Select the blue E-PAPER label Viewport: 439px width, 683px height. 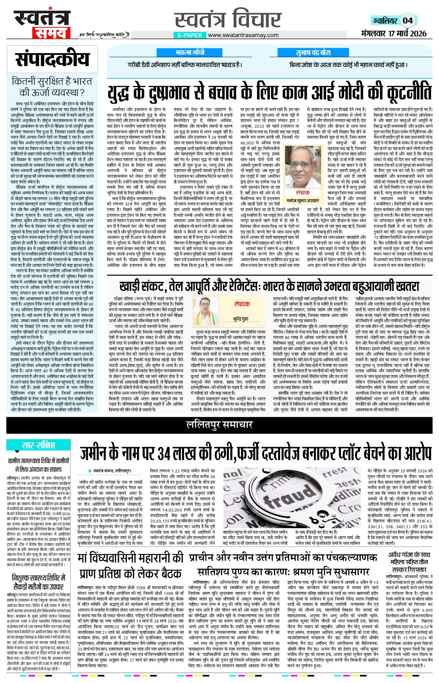point(190,35)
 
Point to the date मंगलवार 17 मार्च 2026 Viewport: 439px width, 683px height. point(393,33)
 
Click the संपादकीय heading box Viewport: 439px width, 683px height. point(52,59)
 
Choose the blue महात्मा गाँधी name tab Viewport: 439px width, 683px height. point(190,52)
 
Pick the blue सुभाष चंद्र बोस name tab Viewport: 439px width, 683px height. point(313,53)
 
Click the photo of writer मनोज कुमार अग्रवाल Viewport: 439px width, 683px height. point(302,171)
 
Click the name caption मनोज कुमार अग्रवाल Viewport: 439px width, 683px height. point(303,201)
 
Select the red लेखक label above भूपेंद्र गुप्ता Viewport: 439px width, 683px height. point(242,304)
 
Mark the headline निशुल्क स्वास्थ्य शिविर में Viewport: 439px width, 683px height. point(39,578)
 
